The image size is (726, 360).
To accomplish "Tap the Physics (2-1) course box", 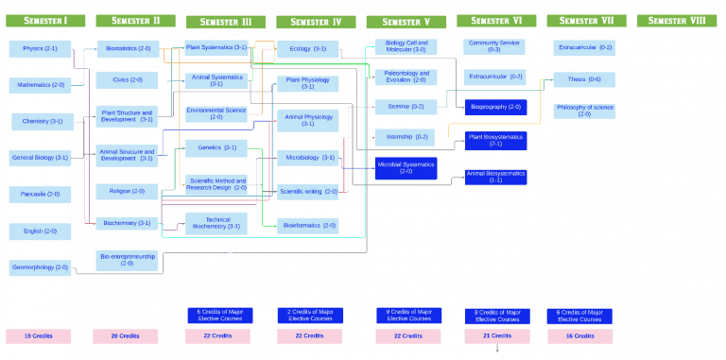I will point(40,48).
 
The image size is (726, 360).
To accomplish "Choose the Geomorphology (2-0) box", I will point(40,268).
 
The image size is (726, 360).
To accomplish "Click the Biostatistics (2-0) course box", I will point(128,48).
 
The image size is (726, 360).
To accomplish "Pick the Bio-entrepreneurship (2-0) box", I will point(128,259).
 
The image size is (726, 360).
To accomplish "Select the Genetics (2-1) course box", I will point(216,147).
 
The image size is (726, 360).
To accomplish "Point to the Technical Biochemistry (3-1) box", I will point(216,223).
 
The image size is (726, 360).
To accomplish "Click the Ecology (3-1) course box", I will point(307,49).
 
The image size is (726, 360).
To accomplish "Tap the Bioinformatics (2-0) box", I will point(307,225).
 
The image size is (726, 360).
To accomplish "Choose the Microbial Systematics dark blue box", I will point(406,168).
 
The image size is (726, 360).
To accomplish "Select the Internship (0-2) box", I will point(406,137).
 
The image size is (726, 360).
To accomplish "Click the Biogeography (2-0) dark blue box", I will point(495,107).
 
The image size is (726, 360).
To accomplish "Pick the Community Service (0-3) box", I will point(494,45).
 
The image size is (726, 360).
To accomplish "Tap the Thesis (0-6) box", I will point(584,79).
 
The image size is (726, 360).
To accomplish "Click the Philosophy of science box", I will point(584,111).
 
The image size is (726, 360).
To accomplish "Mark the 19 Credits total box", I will point(38,335).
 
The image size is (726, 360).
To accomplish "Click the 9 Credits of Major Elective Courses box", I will point(406,316).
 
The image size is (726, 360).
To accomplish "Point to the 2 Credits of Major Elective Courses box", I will point(307,316).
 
